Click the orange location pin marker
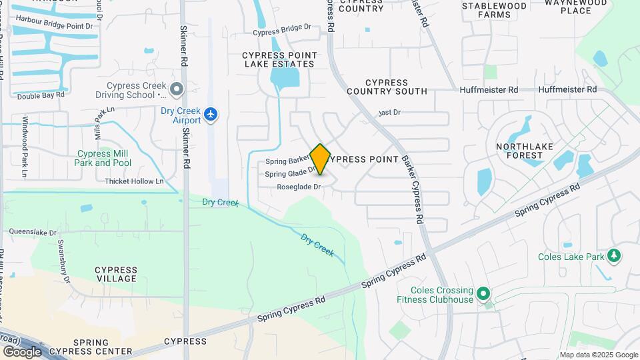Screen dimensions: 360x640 click(x=320, y=159)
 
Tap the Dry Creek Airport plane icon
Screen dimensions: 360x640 click(x=211, y=114)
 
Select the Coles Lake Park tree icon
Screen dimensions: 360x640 click(x=614, y=256)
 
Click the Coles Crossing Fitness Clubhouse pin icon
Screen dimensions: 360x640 click(x=484, y=294)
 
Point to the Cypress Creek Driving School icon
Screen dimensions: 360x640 click(x=177, y=89)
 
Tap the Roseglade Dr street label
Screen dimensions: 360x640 click(x=299, y=187)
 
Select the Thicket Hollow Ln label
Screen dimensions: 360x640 click(x=134, y=181)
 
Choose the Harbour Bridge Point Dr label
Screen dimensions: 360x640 click(x=54, y=25)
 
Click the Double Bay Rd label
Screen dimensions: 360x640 click(x=41, y=95)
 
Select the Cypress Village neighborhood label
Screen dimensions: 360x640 click(x=117, y=274)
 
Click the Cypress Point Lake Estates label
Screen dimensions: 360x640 click(x=279, y=59)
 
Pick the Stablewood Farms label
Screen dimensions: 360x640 click(x=494, y=10)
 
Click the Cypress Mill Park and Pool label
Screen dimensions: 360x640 click(x=103, y=158)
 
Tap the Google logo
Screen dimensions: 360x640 click(x=22, y=351)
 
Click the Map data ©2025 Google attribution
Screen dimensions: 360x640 click(x=598, y=355)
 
